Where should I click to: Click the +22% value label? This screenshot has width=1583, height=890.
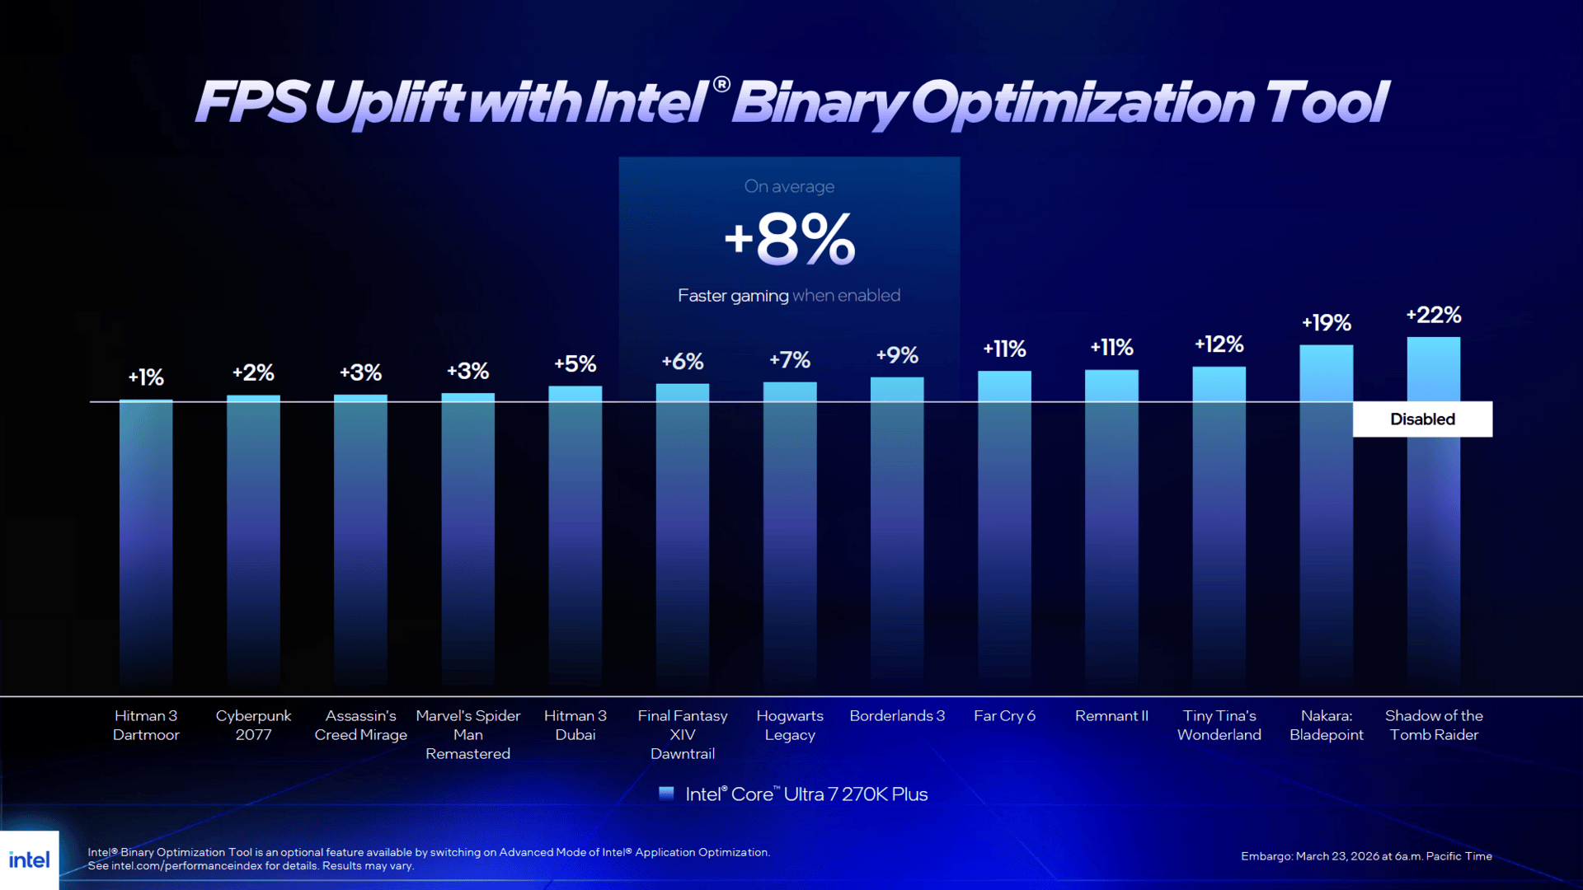[x=1433, y=315]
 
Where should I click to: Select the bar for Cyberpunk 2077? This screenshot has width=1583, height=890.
[x=253, y=536]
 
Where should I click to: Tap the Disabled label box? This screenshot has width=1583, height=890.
[x=1422, y=419]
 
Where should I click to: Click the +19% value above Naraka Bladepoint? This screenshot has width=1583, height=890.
[x=1326, y=323]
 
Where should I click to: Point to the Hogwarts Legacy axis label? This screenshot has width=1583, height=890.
[x=789, y=725]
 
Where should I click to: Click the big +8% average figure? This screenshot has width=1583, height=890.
[x=789, y=239]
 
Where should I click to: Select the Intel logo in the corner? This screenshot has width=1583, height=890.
[x=30, y=860]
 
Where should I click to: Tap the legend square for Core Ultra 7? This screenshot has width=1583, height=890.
[x=666, y=794]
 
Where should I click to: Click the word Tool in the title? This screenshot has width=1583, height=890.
[x=1327, y=103]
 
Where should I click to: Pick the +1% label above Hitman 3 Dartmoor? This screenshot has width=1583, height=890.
[x=146, y=377]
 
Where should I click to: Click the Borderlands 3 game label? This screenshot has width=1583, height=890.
[x=897, y=716]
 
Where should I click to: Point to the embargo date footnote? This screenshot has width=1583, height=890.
[x=1366, y=856]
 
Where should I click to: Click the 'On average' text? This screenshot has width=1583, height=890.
[x=789, y=187]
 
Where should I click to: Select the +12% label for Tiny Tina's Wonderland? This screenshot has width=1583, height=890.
[x=1219, y=344]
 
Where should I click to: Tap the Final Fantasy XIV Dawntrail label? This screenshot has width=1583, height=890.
[x=682, y=734]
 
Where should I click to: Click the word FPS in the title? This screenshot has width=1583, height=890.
[x=251, y=103]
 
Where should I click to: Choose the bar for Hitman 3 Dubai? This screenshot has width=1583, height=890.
[x=575, y=536]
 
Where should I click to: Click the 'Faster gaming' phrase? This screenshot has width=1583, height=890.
[x=733, y=296]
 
